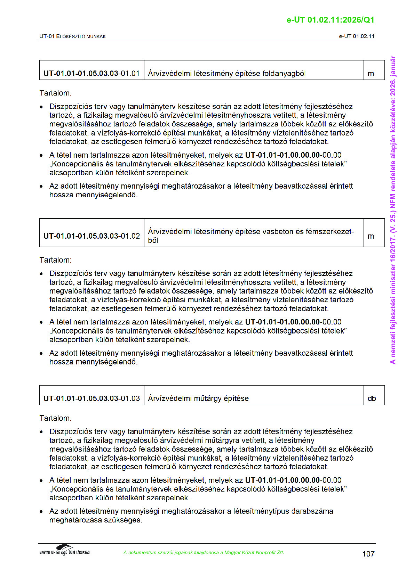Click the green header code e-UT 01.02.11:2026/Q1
click(x=330, y=20)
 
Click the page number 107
click(x=368, y=554)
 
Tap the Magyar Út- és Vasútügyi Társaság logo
click(x=64, y=551)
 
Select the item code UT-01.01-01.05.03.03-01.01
click(x=91, y=74)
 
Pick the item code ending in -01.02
click(x=91, y=236)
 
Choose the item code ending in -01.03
click(x=91, y=398)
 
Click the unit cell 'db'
click(x=372, y=398)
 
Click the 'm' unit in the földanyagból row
click(x=371, y=74)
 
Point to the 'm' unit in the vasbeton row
click(x=371, y=236)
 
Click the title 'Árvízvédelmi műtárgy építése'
click(x=198, y=398)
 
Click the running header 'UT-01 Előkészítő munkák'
click(x=72, y=36)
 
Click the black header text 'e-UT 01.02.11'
click(x=357, y=36)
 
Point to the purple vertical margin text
click(x=393, y=210)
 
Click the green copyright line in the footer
click(x=204, y=553)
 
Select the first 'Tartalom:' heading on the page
click(x=55, y=93)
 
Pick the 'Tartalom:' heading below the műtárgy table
click(x=55, y=418)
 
